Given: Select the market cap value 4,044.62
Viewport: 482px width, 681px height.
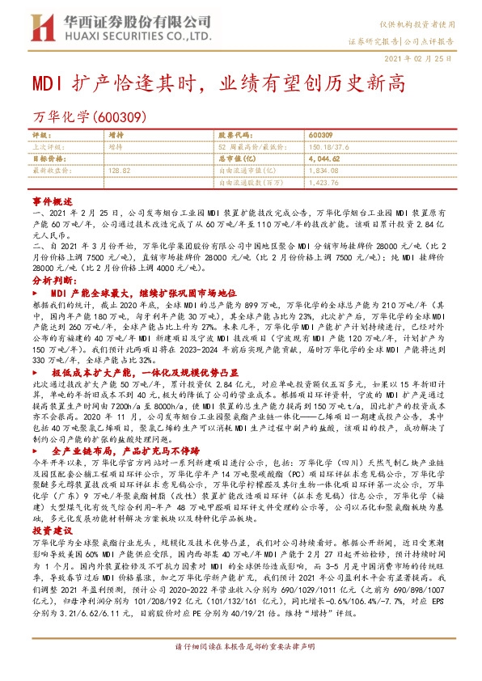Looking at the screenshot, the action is [x=325, y=159].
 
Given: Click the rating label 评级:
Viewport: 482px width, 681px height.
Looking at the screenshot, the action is [x=40, y=134].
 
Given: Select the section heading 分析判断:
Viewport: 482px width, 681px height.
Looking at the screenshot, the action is [x=53, y=277].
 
